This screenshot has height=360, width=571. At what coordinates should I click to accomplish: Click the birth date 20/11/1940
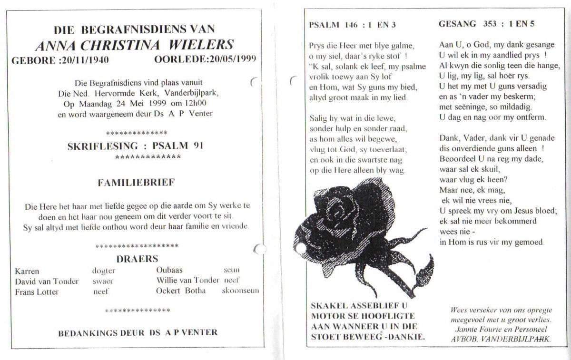pos(91,59)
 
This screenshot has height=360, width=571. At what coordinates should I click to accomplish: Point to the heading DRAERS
pos(137,259)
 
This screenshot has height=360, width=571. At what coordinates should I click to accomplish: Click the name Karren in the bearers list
pos(27,271)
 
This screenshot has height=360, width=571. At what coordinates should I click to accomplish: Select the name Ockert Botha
pos(181,291)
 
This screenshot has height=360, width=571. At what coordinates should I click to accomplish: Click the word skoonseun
pos(240,291)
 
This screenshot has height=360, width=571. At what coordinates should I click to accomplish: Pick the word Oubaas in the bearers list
pos(169,270)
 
